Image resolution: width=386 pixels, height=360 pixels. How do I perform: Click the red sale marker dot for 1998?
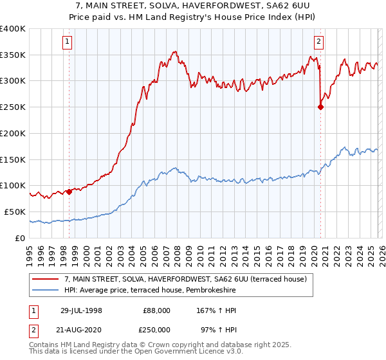[x=69, y=192]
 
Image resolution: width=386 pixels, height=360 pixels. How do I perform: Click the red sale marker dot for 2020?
[x=320, y=107]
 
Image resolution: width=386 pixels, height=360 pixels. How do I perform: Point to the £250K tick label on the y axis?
[x=13, y=107]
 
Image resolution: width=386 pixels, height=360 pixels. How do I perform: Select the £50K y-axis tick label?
[x=14, y=212]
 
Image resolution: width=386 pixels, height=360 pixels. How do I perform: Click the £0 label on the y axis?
[x=21, y=238]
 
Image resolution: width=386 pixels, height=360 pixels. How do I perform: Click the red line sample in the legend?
[x=46, y=279]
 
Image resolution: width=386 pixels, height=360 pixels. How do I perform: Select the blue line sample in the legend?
[x=46, y=291]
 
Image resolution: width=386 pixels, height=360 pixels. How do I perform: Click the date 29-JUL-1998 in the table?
[x=80, y=310]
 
